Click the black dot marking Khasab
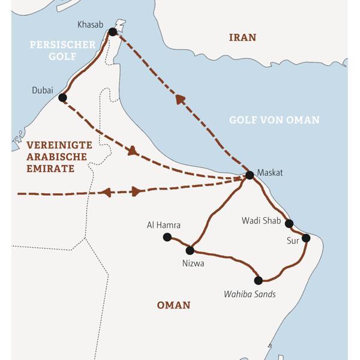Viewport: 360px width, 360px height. (x=112, y=32)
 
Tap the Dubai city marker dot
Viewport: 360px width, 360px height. (x=62, y=97)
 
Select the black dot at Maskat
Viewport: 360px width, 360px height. (x=250, y=175)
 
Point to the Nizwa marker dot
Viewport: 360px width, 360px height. (x=190, y=250)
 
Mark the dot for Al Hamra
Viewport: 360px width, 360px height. (x=167, y=237)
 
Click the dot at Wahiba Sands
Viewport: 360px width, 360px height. (x=258, y=280)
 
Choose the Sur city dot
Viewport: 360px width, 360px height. (x=306, y=238)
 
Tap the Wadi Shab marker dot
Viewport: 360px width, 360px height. (x=289, y=224)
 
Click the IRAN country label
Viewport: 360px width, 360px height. (x=242, y=38)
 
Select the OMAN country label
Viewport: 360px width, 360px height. (x=173, y=305)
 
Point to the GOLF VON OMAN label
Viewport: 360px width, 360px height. (x=274, y=120)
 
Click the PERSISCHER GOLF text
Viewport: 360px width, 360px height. (x=62, y=51)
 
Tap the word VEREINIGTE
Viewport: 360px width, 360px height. (x=59, y=145)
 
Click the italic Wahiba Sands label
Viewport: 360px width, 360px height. (x=250, y=294)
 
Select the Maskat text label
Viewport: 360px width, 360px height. (x=269, y=173)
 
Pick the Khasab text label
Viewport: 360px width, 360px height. (x=91, y=25)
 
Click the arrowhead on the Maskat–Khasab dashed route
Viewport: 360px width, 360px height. (x=181, y=100)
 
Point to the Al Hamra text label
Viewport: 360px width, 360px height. (x=164, y=225)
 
